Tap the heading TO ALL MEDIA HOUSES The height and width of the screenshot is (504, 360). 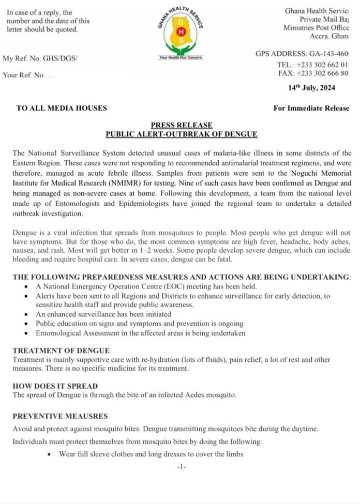[x=62, y=108]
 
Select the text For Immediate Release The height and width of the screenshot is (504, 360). [x=311, y=108]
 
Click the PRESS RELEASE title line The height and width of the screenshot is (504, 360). [x=181, y=125]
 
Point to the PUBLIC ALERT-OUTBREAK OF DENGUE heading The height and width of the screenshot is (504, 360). [x=181, y=134]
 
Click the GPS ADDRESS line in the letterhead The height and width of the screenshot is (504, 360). [x=302, y=54]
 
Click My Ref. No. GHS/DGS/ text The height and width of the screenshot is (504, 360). [x=40, y=58]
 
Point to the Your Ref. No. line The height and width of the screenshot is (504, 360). [x=29, y=75]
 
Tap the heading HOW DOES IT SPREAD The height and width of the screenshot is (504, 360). [x=55, y=386]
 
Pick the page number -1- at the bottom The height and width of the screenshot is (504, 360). [x=181, y=466]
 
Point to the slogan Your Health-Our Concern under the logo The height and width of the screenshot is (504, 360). [x=181, y=57]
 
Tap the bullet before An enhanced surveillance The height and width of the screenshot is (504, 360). [x=27, y=314]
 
